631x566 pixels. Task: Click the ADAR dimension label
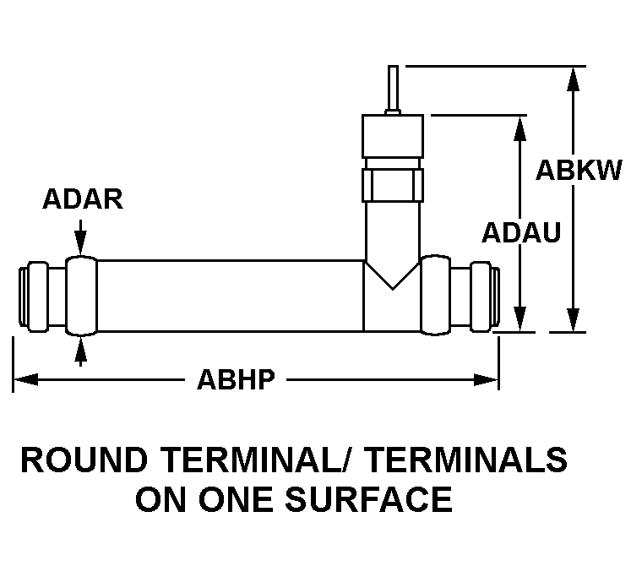click(x=83, y=199)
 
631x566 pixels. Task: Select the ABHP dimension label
click(x=237, y=379)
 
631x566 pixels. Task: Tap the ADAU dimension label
click(x=521, y=232)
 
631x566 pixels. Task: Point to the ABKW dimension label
click(x=579, y=170)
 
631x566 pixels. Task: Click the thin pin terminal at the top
click(x=393, y=90)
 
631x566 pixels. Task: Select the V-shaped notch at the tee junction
click(x=392, y=275)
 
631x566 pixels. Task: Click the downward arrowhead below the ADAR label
click(x=81, y=243)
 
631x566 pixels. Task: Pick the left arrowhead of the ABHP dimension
click(x=25, y=379)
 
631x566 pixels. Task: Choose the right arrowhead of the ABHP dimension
click(x=486, y=379)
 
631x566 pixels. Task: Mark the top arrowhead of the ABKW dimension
click(x=573, y=79)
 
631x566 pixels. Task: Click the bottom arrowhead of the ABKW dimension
click(x=573, y=319)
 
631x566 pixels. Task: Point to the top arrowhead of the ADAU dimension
click(x=520, y=128)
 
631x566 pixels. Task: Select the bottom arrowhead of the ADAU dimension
click(x=520, y=319)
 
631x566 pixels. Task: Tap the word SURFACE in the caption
click(x=368, y=498)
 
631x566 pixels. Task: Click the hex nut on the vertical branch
click(x=392, y=185)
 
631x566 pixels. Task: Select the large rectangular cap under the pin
click(x=392, y=136)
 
